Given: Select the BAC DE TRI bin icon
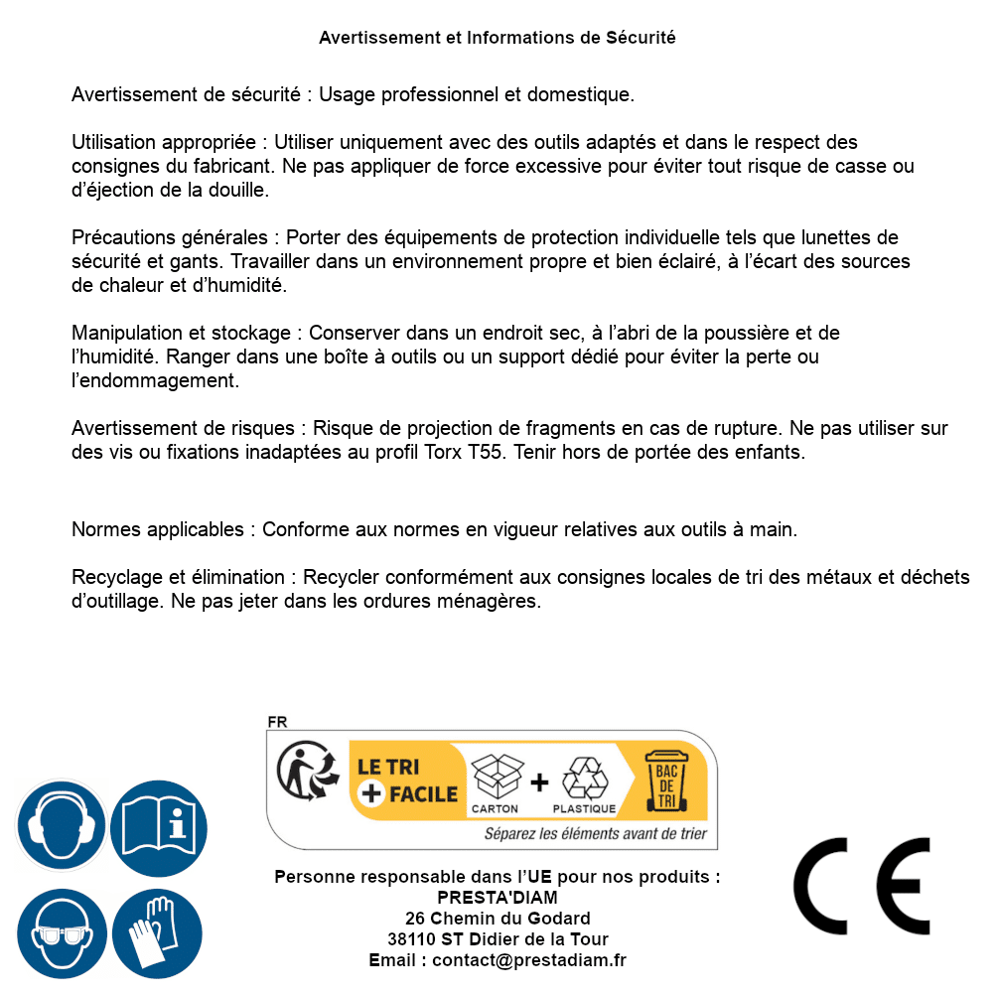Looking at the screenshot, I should [665, 781].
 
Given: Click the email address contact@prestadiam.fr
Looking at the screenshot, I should [529, 960].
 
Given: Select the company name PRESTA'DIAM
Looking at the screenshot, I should [497, 898].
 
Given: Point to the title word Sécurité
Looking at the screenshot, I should [641, 38].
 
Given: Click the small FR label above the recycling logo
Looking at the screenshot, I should [277, 722].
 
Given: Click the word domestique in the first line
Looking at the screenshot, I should [581, 95].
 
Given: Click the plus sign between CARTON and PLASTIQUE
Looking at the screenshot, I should [539, 783].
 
